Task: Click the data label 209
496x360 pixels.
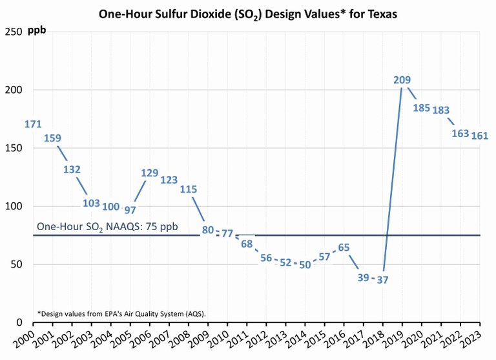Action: (x=402, y=80)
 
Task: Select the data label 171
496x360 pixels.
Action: (x=33, y=124)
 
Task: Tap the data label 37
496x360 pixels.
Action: (x=382, y=280)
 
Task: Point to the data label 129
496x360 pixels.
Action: (x=149, y=173)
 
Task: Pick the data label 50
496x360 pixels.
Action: (x=305, y=265)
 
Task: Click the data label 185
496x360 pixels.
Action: (x=421, y=108)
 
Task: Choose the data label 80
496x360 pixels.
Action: (x=208, y=229)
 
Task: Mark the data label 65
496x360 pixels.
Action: (x=344, y=247)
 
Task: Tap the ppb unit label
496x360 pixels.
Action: (x=37, y=31)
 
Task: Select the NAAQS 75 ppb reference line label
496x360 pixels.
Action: (x=107, y=227)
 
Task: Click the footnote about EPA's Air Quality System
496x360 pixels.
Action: (x=121, y=313)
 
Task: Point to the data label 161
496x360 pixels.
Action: (x=479, y=136)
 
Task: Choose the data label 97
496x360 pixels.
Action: (x=130, y=210)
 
